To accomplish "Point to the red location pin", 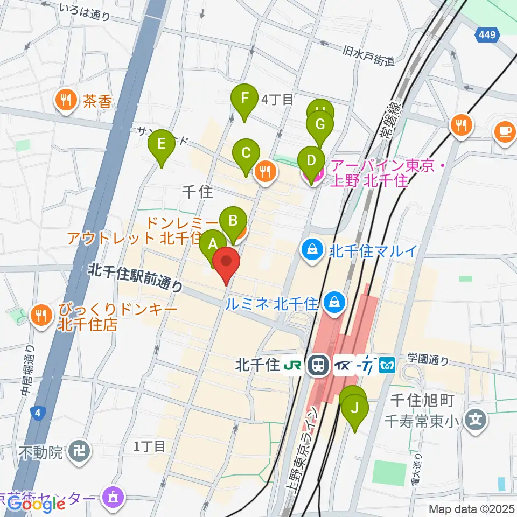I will pos(226,264).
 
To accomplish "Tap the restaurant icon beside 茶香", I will pos(66,101).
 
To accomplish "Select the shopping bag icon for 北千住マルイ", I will pos(311,250).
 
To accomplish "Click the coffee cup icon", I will pos(505,132).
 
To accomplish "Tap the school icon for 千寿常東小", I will pos(475,417).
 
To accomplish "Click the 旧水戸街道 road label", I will pos(369,56).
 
